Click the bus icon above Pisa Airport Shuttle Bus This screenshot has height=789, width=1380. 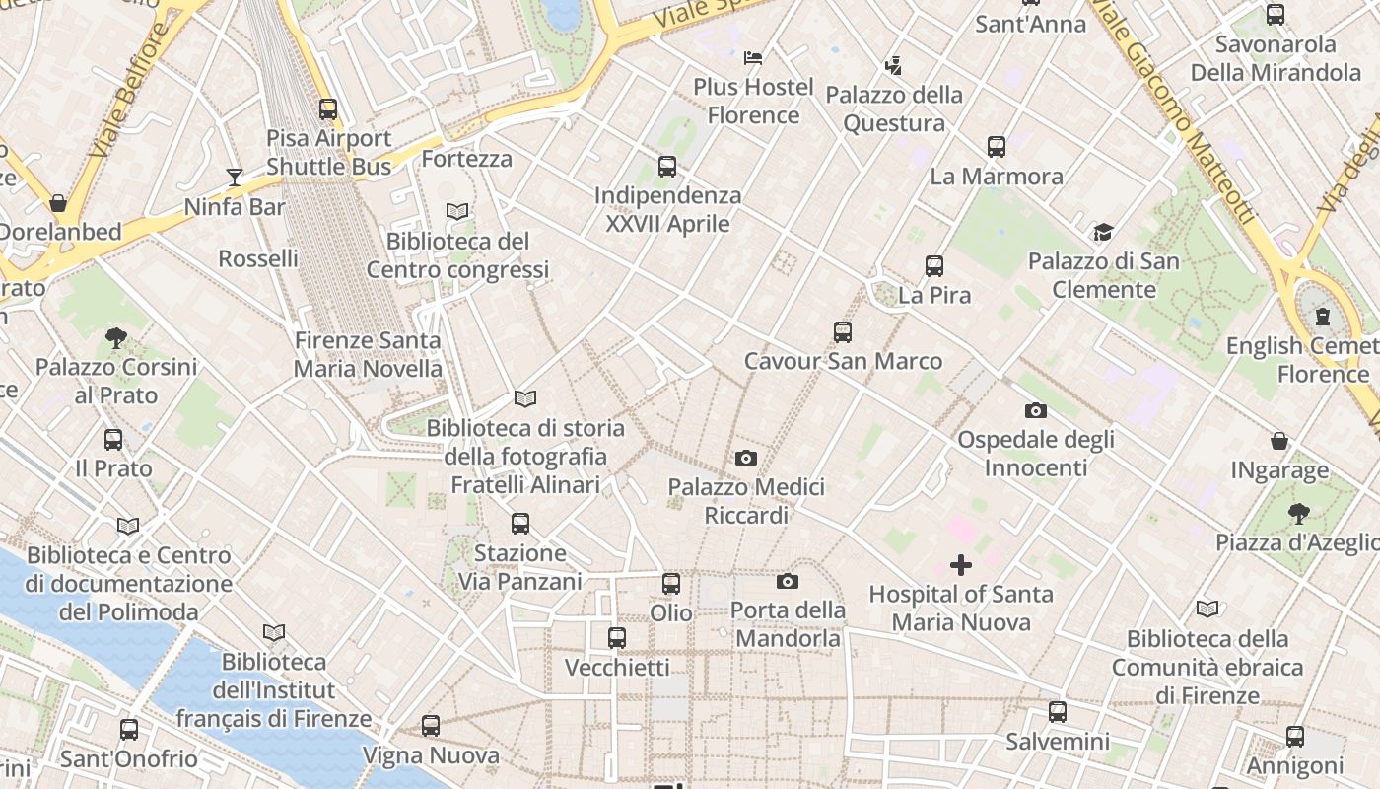point(328,109)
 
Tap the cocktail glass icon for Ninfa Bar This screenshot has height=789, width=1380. point(235,178)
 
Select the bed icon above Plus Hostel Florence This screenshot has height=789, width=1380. point(753,58)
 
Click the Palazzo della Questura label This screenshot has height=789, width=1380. point(894,108)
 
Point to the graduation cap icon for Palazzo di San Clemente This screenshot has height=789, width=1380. point(1103,233)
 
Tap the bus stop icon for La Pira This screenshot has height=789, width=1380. point(934,266)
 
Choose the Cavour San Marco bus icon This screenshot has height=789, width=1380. point(843,332)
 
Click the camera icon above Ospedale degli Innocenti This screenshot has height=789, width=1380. point(1035,410)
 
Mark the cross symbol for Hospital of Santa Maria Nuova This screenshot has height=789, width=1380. point(961,565)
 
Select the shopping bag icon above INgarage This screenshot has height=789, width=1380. point(1279,441)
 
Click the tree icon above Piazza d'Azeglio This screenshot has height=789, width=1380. point(1299,513)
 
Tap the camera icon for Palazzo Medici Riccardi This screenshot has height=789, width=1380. point(746,458)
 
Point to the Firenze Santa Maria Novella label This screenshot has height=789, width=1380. point(368,355)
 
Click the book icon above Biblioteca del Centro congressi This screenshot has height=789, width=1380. point(457,211)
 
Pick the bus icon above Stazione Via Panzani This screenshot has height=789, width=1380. point(520,524)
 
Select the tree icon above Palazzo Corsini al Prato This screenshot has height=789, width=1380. point(116,338)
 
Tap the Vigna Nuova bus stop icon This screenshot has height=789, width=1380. point(431,726)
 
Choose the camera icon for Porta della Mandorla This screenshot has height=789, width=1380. point(788,581)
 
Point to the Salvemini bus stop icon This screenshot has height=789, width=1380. point(1058,711)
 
